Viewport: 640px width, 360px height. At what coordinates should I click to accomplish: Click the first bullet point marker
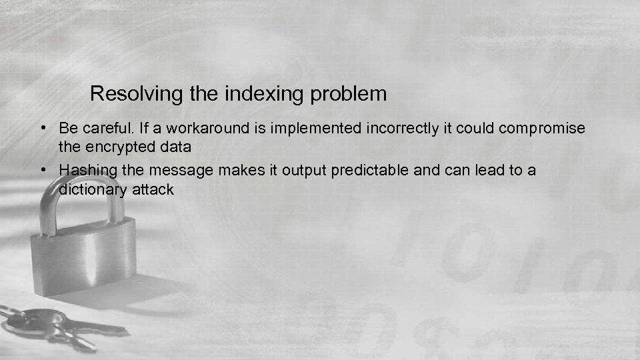(42, 127)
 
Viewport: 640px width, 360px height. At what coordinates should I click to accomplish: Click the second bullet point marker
(42, 170)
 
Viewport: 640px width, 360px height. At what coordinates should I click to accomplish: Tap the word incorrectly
(400, 128)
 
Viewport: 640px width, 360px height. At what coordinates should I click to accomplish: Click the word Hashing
(86, 171)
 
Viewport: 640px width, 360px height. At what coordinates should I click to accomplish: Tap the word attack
(154, 189)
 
